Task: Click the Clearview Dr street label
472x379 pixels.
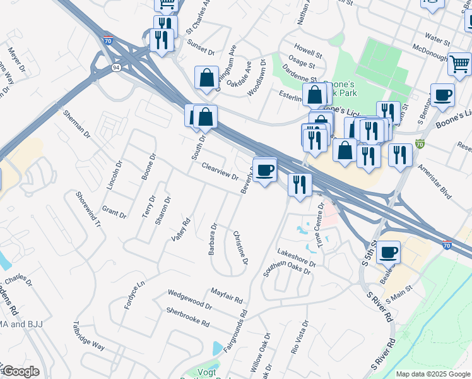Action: click(219, 172)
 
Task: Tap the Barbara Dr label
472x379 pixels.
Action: click(214, 239)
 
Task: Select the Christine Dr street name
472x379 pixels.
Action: click(240, 247)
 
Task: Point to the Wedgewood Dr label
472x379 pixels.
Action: click(189, 299)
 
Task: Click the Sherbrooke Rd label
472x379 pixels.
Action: click(187, 316)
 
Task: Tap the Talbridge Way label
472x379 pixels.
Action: click(88, 334)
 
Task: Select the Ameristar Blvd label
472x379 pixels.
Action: click(430, 184)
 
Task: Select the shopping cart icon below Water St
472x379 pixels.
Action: click(459, 63)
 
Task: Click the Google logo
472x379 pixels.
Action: click(20, 371)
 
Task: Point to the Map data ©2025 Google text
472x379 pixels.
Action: click(432, 374)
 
